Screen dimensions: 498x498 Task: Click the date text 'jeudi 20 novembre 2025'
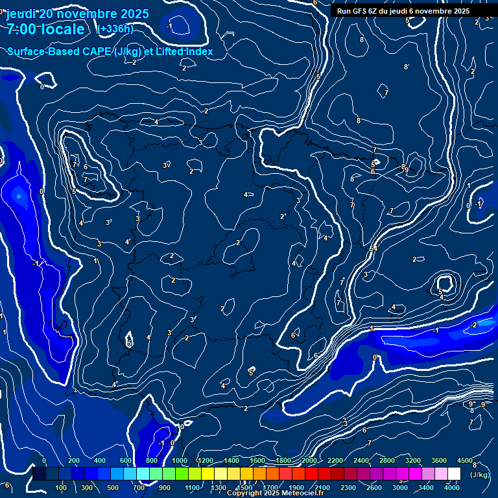click(x=78, y=14)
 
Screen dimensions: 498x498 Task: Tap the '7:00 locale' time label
click(x=45, y=29)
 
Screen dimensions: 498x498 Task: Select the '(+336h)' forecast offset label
click(x=115, y=29)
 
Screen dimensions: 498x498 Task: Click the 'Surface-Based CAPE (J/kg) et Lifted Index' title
click(x=110, y=51)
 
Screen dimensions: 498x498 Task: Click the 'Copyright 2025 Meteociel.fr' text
click(x=275, y=493)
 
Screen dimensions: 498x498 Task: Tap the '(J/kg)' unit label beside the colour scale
click(x=480, y=475)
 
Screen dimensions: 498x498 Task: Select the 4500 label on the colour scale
click(x=464, y=460)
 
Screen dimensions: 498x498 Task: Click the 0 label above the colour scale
click(x=44, y=460)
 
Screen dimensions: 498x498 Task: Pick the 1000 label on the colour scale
click(x=180, y=460)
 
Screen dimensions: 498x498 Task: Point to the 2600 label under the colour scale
click(x=374, y=488)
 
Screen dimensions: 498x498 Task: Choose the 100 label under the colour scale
click(x=62, y=488)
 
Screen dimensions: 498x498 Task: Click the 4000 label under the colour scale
click(x=451, y=488)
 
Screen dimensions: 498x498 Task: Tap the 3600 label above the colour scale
click(x=439, y=460)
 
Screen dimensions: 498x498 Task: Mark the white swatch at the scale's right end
click(x=454, y=474)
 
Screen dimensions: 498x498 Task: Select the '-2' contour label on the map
click(x=474, y=325)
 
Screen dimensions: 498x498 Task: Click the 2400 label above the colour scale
click(x=361, y=460)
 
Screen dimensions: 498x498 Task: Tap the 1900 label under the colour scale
click(x=296, y=488)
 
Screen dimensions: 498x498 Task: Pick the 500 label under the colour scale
click(x=113, y=488)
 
